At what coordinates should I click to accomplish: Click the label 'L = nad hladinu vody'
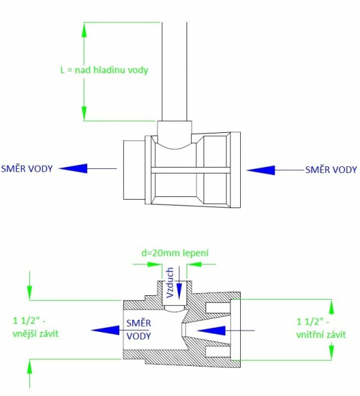click(104, 70)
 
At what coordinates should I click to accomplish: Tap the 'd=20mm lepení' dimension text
click(175, 253)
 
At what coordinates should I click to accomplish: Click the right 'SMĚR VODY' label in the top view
click(331, 170)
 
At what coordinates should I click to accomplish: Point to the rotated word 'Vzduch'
click(170, 282)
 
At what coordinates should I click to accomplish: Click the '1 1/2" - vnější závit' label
click(35, 327)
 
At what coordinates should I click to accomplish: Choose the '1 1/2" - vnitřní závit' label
click(321, 328)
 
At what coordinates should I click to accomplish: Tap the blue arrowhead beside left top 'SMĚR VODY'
click(73, 168)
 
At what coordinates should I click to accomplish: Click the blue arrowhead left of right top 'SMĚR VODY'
click(261, 170)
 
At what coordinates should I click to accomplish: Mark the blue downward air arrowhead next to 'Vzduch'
click(179, 291)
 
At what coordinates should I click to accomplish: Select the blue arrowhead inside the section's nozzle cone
click(211, 331)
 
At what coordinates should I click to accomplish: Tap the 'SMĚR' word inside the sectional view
click(139, 323)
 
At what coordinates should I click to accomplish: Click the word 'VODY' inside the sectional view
click(139, 336)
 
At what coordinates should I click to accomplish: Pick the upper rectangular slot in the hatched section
click(218, 308)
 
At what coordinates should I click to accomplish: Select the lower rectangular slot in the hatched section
click(218, 351)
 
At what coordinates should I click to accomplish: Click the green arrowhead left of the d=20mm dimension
click(154, 264)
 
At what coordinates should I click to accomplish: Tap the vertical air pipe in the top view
click(174, 71)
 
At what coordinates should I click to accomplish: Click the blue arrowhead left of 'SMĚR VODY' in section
click(105, 331)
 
